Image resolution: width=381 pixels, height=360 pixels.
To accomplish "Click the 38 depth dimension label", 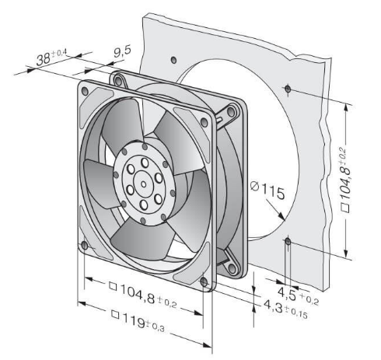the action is point(51,58).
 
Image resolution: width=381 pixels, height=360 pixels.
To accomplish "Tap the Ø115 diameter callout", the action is point(267,191).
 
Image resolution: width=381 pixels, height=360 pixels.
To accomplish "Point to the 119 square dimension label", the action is point(138,321).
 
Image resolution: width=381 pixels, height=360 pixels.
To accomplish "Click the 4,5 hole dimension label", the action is point(298,296).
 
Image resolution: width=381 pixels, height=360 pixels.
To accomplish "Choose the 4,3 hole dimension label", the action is point(285,309).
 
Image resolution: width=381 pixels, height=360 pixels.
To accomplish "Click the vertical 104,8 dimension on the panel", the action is point(345,180).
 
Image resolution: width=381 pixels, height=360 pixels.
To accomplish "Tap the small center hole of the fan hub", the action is point(143,184).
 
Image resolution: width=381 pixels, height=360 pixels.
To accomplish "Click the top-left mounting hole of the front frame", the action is point(85,91).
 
